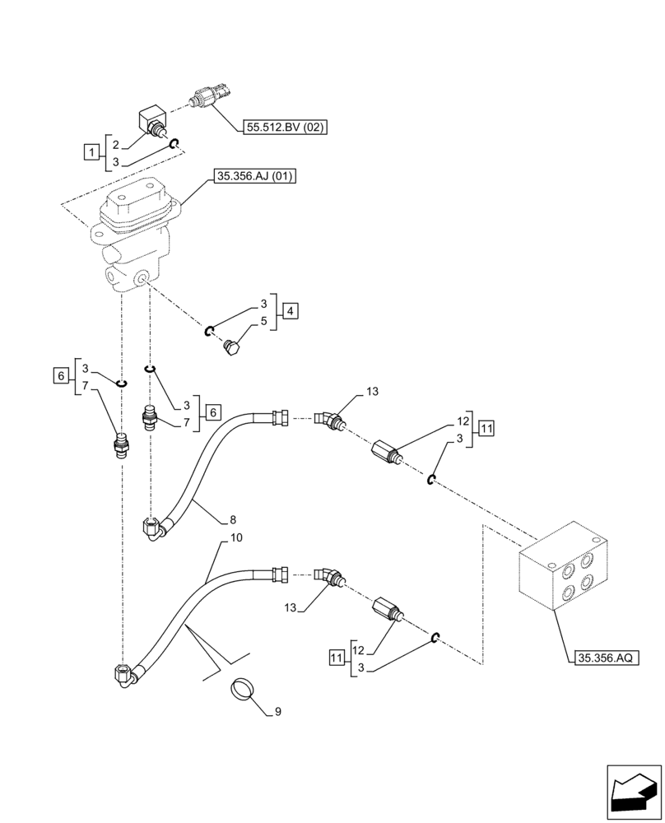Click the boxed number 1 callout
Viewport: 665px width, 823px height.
tap(91, 151)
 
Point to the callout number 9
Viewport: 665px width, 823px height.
tap(277, 712)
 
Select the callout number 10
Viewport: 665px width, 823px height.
tap(236, 539)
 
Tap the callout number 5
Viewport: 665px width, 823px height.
tap(263, 322)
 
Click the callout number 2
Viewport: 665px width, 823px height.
tap(116, 143)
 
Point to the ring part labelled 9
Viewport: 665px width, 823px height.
tap(241, 689)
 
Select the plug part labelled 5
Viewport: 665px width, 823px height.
tap(232, 349)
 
